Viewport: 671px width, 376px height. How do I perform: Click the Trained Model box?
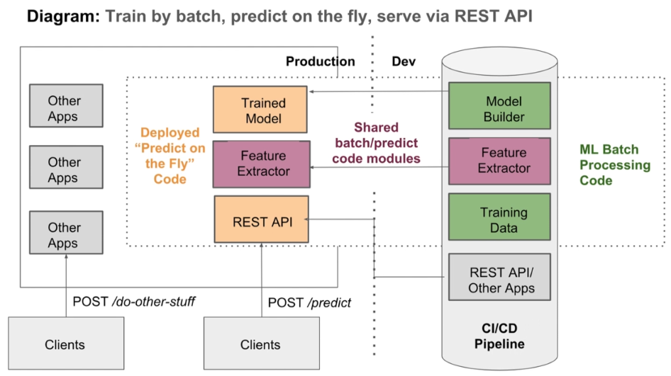(x=260, y=110)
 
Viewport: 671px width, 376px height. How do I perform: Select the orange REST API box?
(x=262, y=220)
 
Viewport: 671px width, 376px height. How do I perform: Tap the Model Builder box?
(x=499, y=106)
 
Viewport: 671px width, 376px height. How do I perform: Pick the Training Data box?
(x=499, y=217)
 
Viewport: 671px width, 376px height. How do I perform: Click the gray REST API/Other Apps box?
(x=499, y=277)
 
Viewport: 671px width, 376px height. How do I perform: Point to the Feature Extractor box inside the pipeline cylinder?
(x=499, y=161)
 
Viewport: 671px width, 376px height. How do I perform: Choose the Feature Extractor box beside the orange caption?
(x=262, y=164)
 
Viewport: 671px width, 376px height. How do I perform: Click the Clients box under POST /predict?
(x=262, y=343)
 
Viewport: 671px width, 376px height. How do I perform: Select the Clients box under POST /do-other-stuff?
(x=67, y=343)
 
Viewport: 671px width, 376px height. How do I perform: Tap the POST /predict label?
(x=309, y=303)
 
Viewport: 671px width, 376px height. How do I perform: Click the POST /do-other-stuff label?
(x=134, y=302)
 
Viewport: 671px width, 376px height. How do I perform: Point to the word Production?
(x=321, y=62)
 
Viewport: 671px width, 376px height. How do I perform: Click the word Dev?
(x=404, y=62)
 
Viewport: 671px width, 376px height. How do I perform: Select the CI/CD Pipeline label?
(x=499, y=336)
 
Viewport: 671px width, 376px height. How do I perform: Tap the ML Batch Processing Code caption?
(x=615, y=165)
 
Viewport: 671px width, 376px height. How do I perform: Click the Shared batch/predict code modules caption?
(x=376, y=143)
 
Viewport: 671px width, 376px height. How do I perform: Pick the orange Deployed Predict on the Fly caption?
(x=170, y=156)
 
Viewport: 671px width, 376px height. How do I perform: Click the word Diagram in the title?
(x=63, y=16)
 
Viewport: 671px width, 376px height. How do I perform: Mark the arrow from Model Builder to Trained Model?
(x=379, y=91)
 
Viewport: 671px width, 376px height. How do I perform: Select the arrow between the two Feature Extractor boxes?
(x=379, y=167)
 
